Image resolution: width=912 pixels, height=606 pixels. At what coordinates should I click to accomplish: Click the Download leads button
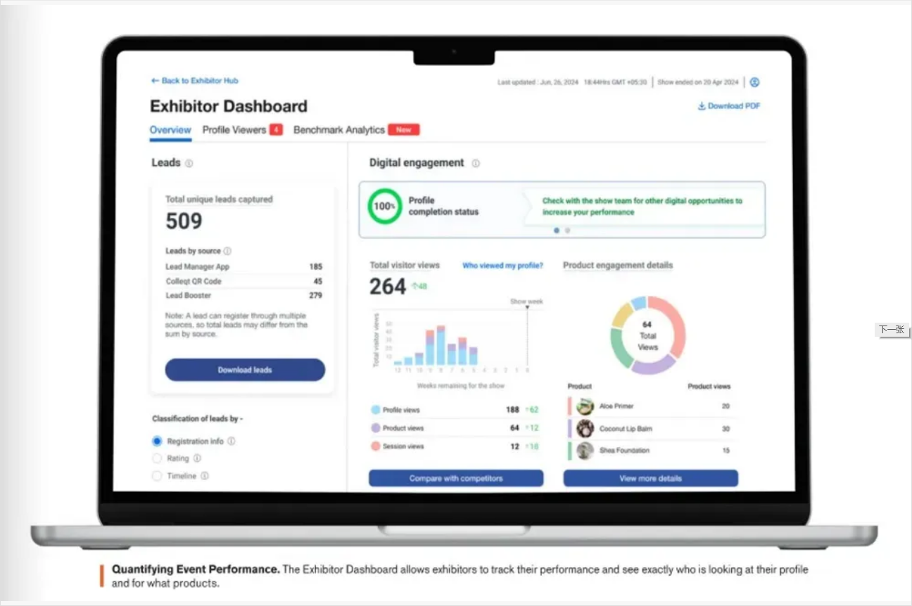click(245, 370)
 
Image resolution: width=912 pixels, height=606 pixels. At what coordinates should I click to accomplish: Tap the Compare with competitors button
click(456, 478)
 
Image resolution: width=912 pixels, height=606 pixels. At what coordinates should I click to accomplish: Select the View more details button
click(650, 478)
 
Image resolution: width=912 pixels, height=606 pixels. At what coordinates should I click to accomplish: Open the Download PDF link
click(729, 106)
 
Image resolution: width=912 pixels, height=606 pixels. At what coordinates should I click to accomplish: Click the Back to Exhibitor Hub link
click(195, 81)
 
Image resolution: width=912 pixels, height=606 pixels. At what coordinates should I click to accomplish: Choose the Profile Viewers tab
click(234, 130)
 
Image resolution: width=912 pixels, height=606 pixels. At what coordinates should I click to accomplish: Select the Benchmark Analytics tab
click(339, 130)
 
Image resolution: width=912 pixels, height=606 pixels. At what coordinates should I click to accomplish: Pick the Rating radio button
click(157, 458)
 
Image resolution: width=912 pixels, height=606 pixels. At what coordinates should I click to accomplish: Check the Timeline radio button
click(157, 476)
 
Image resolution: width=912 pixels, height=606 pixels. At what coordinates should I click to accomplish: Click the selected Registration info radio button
click(157, 441)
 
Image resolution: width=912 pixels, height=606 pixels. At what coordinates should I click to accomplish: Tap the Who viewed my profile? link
click(502, 266)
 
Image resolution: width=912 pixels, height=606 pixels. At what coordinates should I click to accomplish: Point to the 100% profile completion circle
click(384, 206)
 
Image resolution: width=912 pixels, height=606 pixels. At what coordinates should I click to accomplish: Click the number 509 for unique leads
click(184, 221)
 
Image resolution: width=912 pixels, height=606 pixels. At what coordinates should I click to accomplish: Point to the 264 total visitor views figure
click(388, 286)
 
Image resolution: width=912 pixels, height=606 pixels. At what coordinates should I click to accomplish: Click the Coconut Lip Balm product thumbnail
click(585, 428)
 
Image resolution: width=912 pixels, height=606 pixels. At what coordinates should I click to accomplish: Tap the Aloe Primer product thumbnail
click(585, 406)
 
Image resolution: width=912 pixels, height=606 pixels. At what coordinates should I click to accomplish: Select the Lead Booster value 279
click(315, 295)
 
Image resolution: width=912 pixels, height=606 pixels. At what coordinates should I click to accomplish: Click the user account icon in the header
click(754, 82)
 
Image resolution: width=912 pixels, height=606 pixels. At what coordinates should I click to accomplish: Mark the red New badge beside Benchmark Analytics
click(404, 130)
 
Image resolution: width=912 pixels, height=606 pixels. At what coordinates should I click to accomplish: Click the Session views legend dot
click(376, 446)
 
